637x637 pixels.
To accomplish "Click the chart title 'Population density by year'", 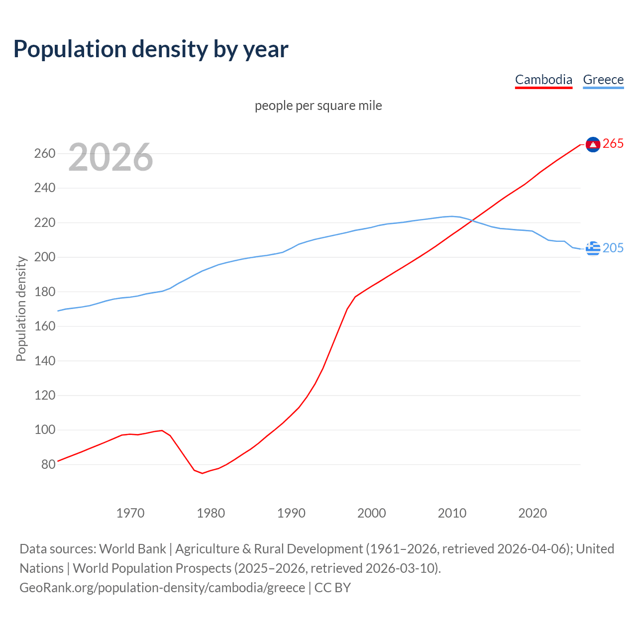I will point(151,49).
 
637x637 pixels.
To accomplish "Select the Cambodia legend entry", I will point(543,80).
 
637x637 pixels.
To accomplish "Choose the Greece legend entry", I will point(603,80).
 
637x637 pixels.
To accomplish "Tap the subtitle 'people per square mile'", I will point(318,106).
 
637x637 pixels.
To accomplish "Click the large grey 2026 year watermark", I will point(110,157).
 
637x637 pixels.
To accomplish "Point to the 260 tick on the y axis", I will point(44,153).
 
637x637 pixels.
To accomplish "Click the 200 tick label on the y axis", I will point(44,257).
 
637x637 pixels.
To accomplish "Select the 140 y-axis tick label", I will point(44,361).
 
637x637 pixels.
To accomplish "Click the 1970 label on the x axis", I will point(130,513).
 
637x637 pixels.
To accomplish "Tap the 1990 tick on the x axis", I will point(291,513).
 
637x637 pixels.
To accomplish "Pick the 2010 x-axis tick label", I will point(452,513).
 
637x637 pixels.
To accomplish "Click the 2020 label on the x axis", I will point(532,513).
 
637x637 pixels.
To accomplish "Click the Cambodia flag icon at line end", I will point(593,144).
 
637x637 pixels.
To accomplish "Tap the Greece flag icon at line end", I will point(593,248).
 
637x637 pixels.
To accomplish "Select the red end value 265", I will point(613,144).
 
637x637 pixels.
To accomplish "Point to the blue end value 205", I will point(613,248).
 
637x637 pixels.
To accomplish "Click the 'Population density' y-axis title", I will point(21,309).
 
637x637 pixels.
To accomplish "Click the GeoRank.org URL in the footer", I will point(162,587).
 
